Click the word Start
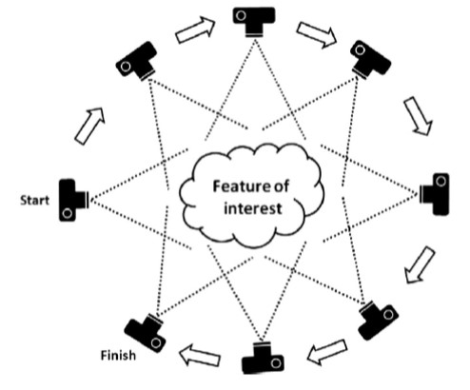(x=34, y=201)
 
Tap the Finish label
(x=118, y=356)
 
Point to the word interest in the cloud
(x=253, y=208)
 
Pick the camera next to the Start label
(x=74, y=200)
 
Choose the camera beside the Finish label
(x=146, y=332)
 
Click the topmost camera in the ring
(x=254, y=22)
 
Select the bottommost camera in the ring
(x=263, y=358)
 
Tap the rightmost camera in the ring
(x=435, y=194)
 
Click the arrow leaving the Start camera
(x=89, y=126)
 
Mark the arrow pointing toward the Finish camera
(x=200, y=355)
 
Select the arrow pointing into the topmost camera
(x=195, y=30)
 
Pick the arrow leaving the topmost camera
(x=317, y=35)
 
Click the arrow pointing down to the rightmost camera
(x=418, y=116)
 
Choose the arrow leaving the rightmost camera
(x=420, y=265)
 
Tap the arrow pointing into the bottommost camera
(x=327, y=352)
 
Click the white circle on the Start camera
(x=68, y=213)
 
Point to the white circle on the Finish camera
(x=156, y=342)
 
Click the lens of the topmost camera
(x=254, y=34)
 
